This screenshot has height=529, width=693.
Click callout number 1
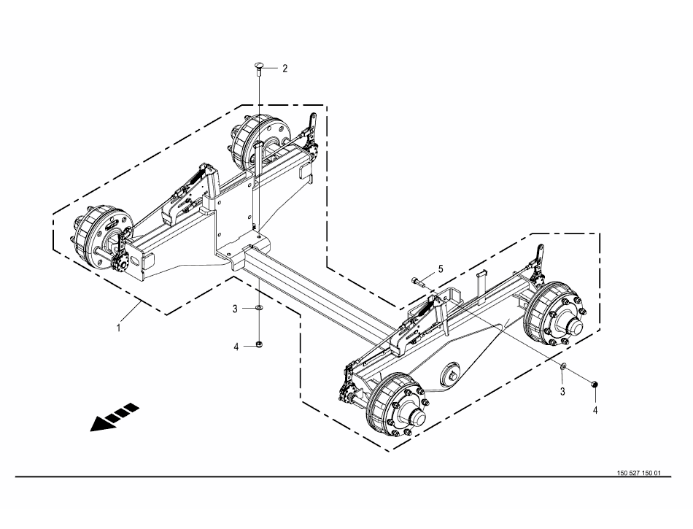point(118,328)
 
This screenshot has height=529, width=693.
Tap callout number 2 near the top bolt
point(285,69)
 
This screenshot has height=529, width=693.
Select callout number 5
point(440,269)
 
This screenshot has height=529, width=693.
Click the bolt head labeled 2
point(259,67)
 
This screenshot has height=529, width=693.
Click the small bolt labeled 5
point(419,281)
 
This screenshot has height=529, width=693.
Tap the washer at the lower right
point(563,366)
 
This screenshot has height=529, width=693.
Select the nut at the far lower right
point(595,383)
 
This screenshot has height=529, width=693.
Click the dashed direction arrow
point(115,417)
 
